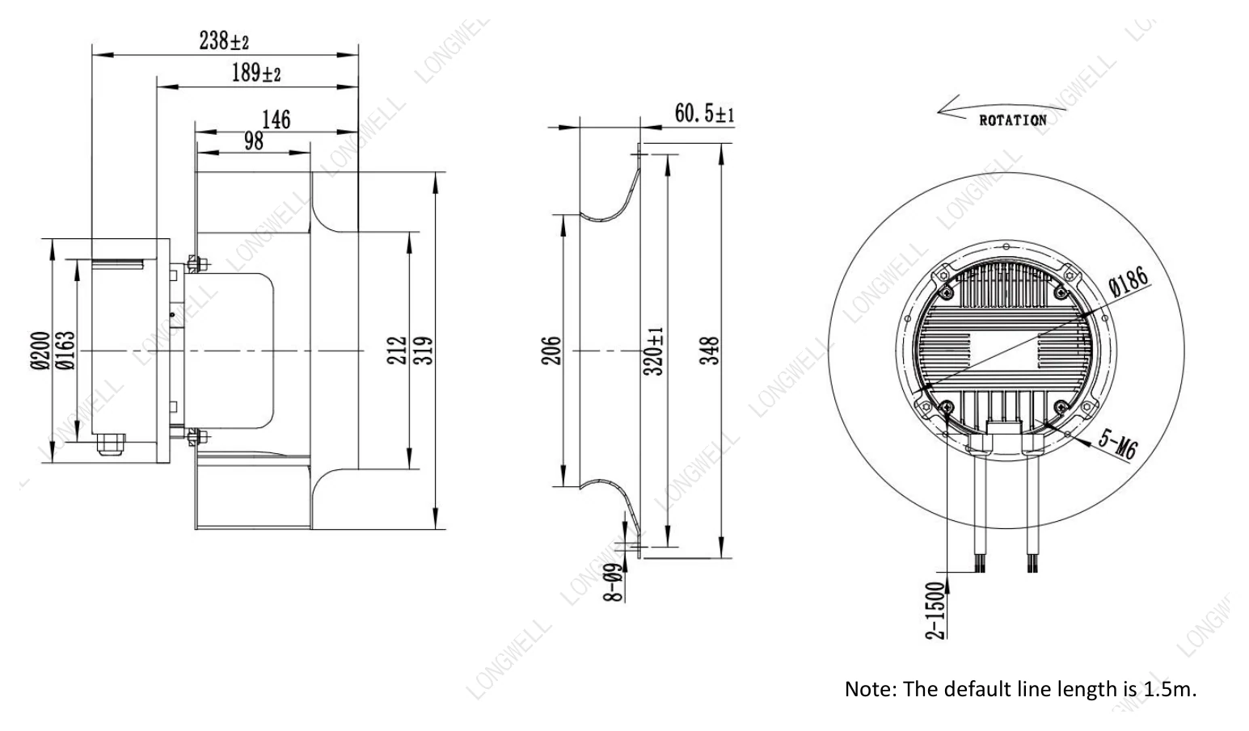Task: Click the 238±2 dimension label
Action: point(224,40)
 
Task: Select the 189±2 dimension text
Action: point(256,73)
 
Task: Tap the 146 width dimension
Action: point(276,120)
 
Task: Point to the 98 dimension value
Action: point(254,141)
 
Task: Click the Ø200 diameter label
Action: point(40,351)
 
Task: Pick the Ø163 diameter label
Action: point(65,351)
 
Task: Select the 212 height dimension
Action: point(396,351)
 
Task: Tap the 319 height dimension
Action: point(424,351)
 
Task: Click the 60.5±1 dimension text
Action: point(704,113)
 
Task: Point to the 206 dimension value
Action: point(551,351)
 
